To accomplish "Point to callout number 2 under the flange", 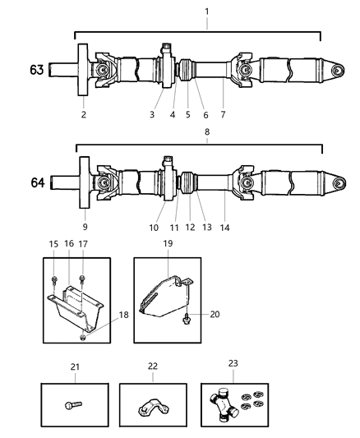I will point(84,115).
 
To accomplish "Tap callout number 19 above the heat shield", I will point(168,245).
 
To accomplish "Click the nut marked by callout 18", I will point(82,336).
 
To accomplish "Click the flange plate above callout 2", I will point(84,69).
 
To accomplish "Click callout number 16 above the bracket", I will point(69,245).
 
